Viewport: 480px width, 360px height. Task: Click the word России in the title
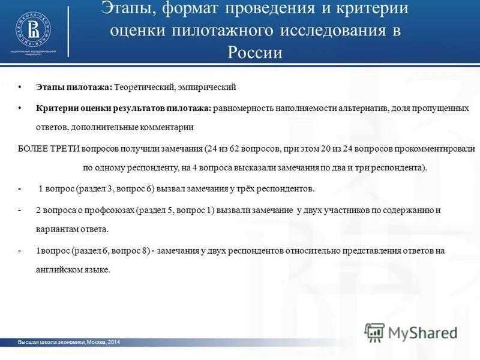click(254, 52)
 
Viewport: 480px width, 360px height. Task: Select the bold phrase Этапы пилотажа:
click(74, 88)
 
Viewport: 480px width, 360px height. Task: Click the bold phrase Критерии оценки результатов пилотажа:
click(124, 108)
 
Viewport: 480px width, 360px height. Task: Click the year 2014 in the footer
click(113, 342)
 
